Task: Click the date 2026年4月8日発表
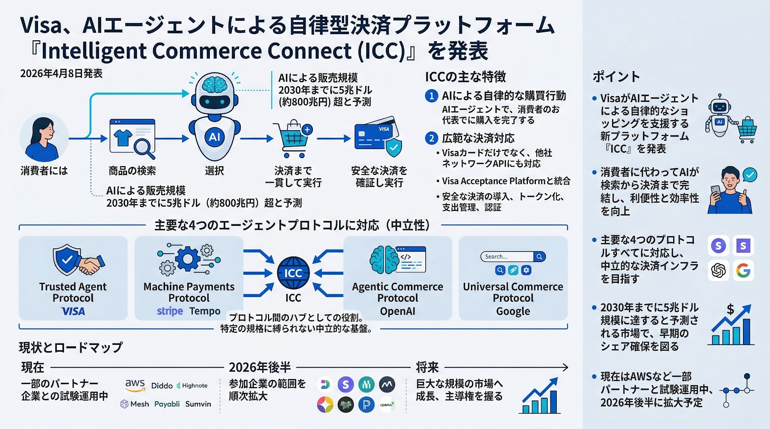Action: tap(61, 74)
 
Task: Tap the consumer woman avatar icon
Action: tap(44, 138)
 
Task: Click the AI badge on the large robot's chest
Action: tap(215, 137)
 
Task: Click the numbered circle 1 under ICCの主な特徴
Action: tap(432, 96)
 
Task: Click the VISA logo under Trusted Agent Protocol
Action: tap(73, 311)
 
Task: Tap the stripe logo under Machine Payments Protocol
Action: tap(170, 311)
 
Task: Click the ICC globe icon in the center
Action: tap(293, 272)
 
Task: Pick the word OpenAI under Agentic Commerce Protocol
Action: tap(398, 311)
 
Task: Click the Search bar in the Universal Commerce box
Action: tap(507, 257)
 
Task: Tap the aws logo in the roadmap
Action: tap(135, 384)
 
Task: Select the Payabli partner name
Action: tap(167, 404)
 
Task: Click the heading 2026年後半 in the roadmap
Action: tap(260, 368)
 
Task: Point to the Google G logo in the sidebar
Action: tap(743, 270)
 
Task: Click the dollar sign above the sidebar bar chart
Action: tap(730, 309)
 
